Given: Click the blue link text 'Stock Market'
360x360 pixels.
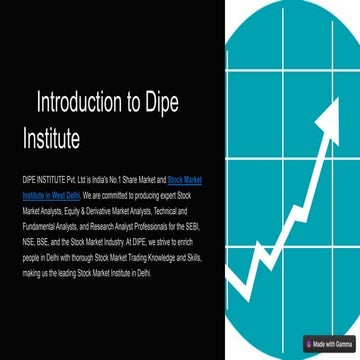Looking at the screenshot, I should (189, 172).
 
